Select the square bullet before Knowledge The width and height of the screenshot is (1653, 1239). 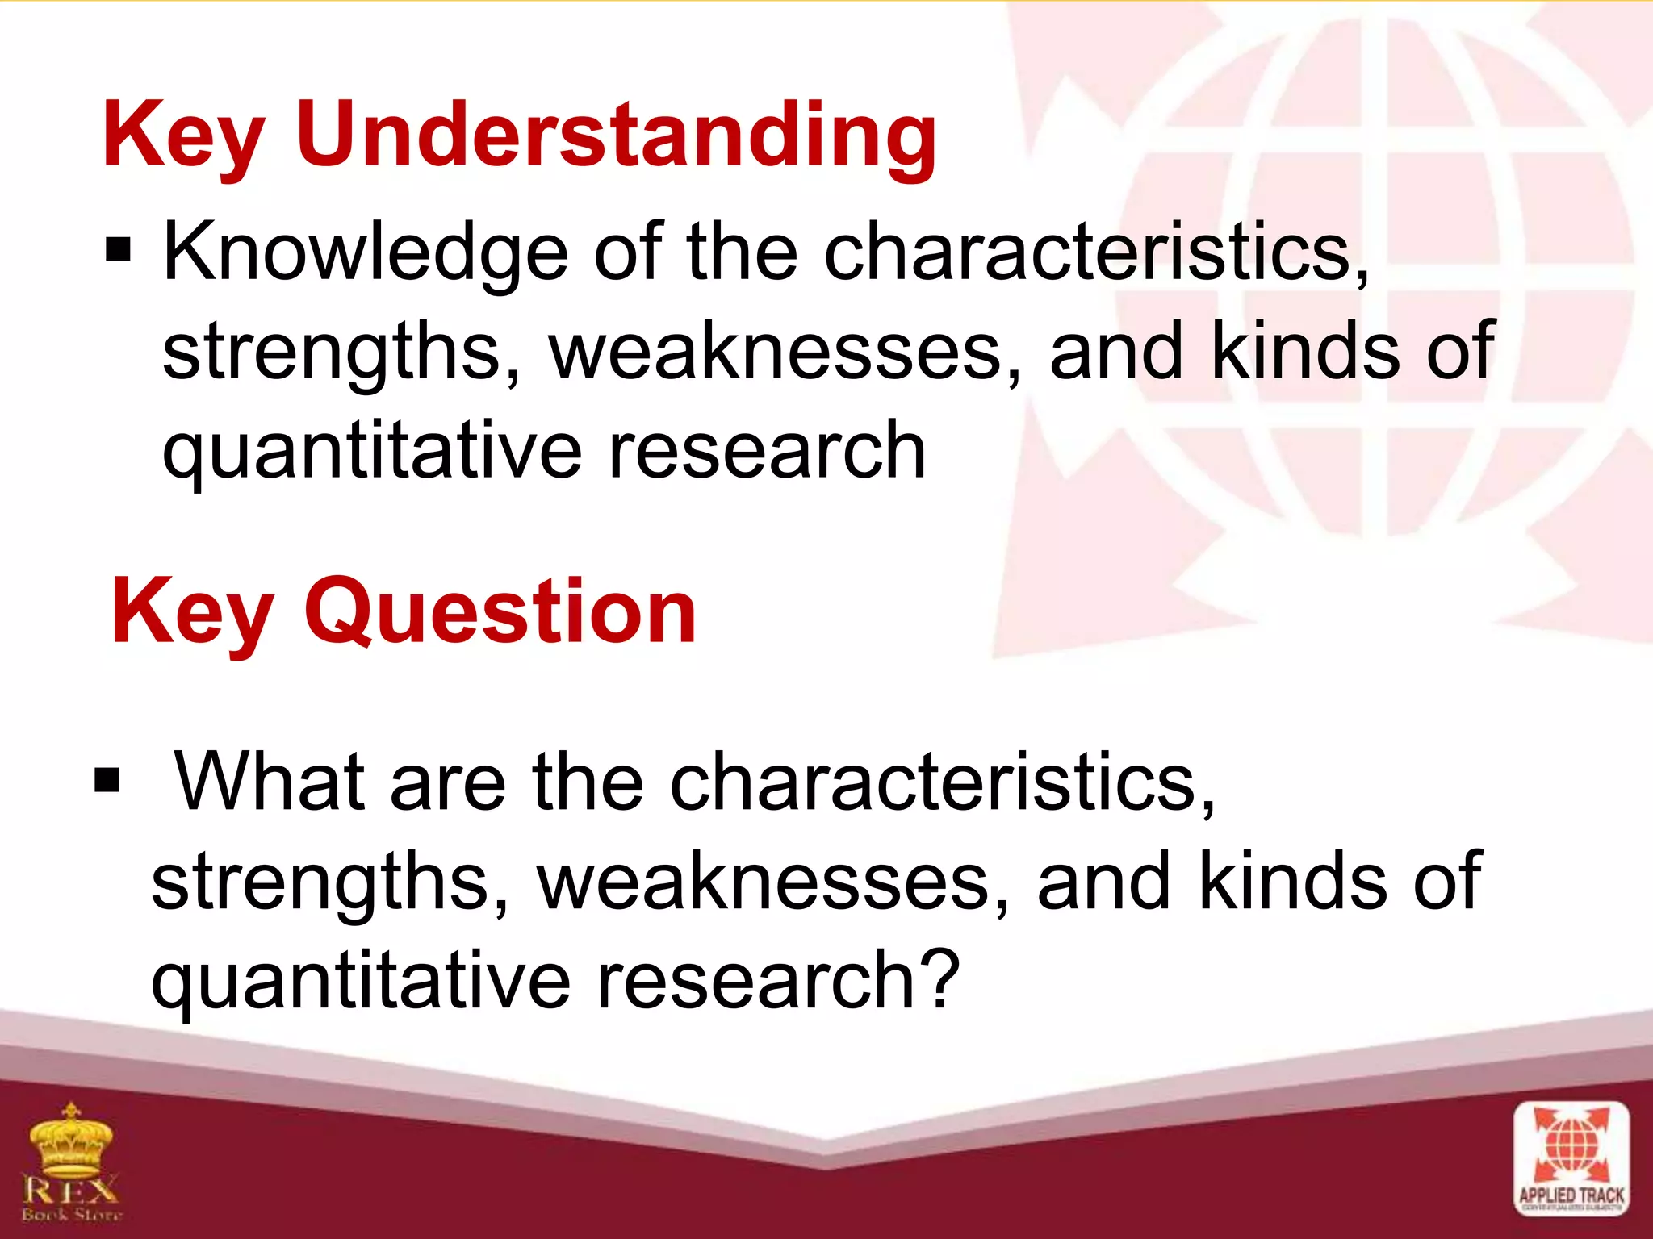pyautogui.click(x=118, y=251)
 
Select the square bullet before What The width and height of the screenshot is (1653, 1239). pyautogui.click(x=107, y=780)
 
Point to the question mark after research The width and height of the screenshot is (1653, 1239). pyautogui.click(x=939, y=978)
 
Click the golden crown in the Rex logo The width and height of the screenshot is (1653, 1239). pyautogui.click(x=71, y=1141)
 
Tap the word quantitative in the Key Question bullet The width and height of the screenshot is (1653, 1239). pyautogui.click(x=360, y=979)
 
